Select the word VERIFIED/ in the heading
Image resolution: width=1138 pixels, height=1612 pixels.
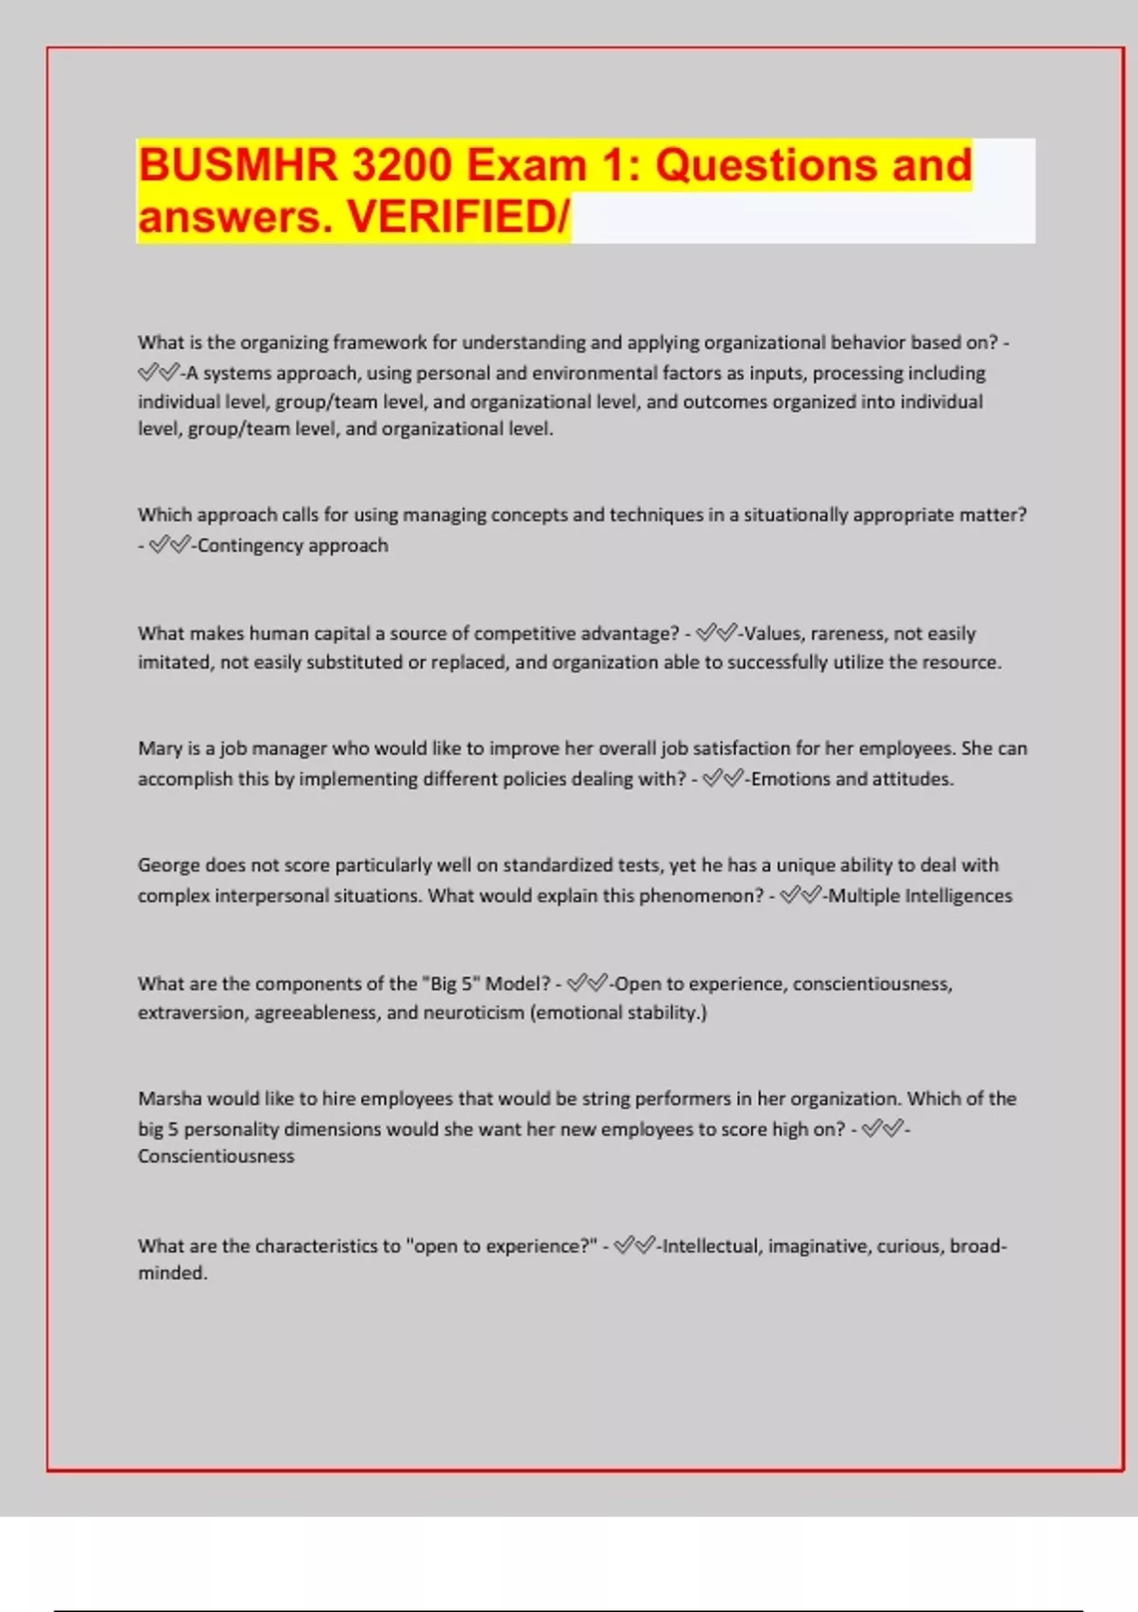coord(459,217)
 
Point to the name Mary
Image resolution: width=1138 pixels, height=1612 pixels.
coord(159,749)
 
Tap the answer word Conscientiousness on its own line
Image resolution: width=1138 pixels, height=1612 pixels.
coord(216,1157)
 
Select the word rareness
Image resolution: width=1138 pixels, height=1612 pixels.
coord(848,633)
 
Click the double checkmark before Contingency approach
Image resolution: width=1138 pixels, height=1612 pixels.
coord(170,545)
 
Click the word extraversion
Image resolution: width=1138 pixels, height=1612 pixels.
coord(193,1013)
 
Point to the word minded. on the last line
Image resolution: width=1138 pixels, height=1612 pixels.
coord(173,1273)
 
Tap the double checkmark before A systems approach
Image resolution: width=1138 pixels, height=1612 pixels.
coord(158,373)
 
